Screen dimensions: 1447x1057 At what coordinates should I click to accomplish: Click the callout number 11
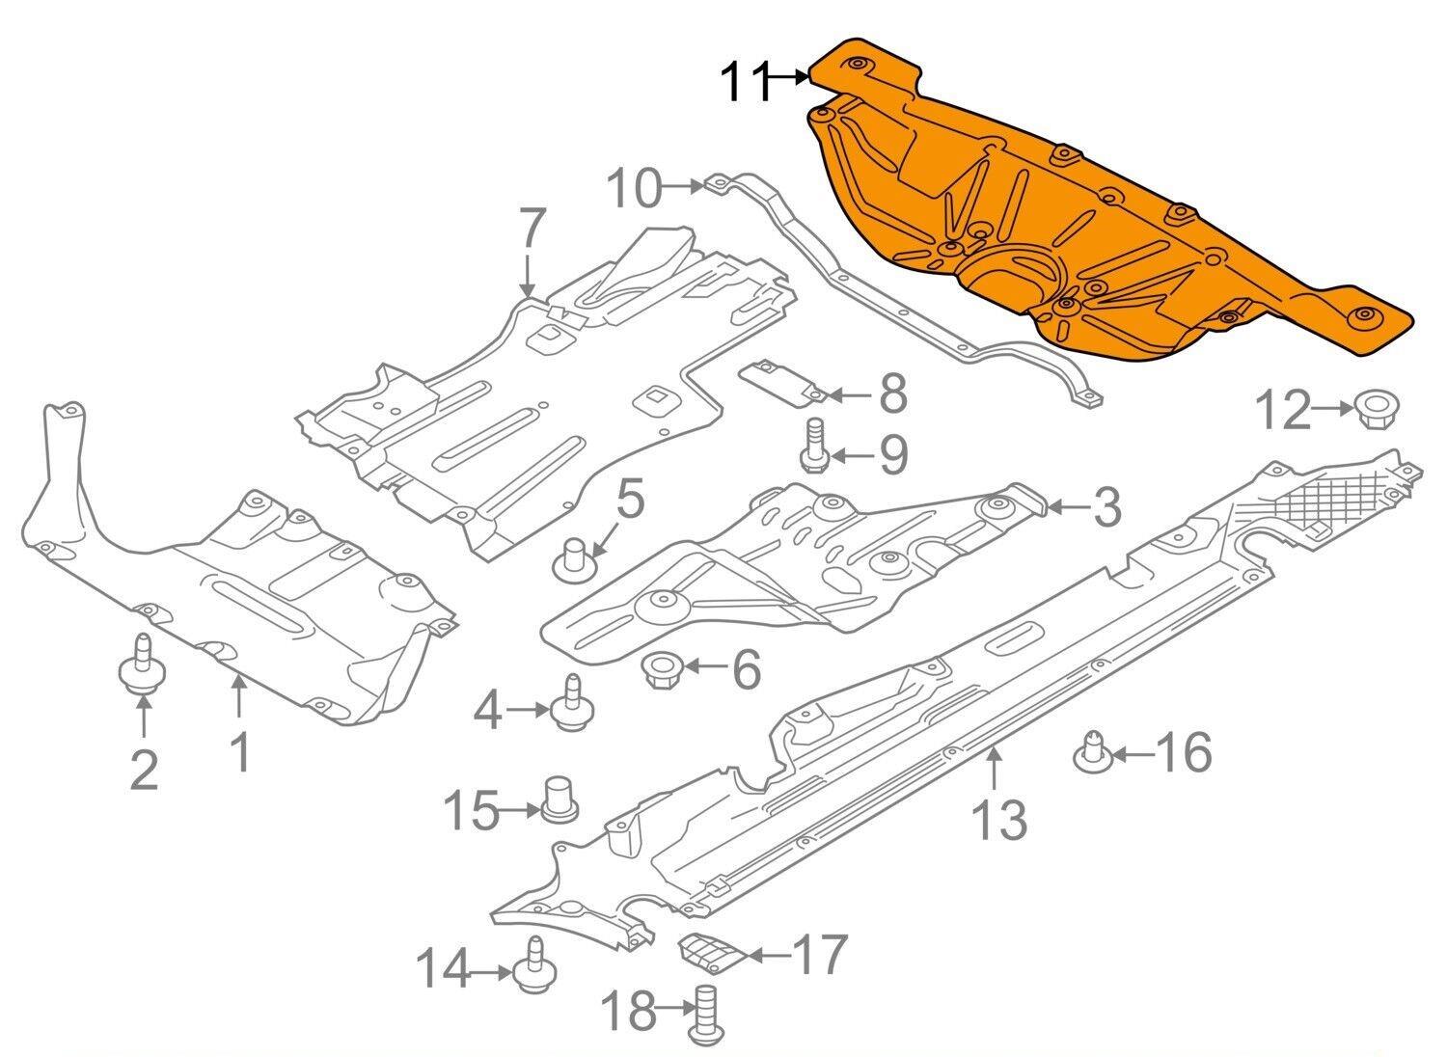coord(746,82)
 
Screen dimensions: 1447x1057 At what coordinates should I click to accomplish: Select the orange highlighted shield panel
coord(1111,213)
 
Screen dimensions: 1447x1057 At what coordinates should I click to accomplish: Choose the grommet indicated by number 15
coord(560,800)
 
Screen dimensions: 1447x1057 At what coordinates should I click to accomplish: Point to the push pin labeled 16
coord(1093,751)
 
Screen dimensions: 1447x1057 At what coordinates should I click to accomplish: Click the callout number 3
coord(1106,507)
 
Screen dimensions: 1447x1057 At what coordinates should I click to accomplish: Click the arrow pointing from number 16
coord(1133,753)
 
